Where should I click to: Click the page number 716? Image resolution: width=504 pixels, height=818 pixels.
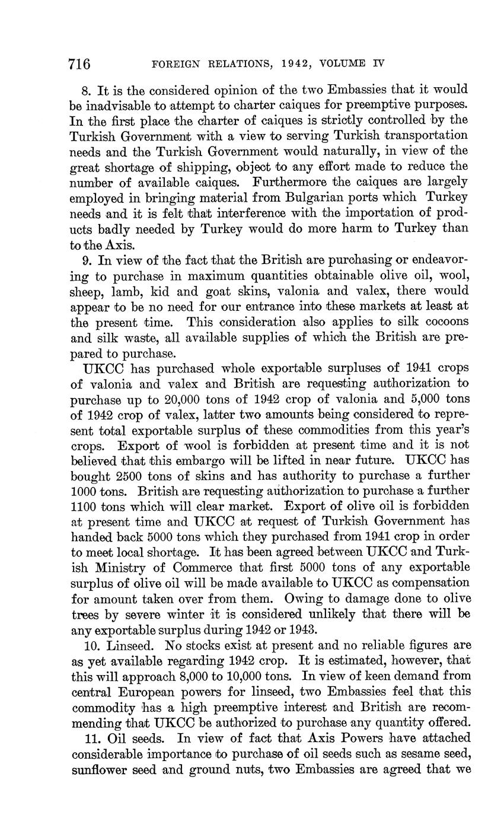click(79, 63)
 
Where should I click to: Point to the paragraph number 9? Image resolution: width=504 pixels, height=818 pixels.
click(85, 259)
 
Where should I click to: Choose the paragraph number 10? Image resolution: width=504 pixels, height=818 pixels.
click(87, 645)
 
